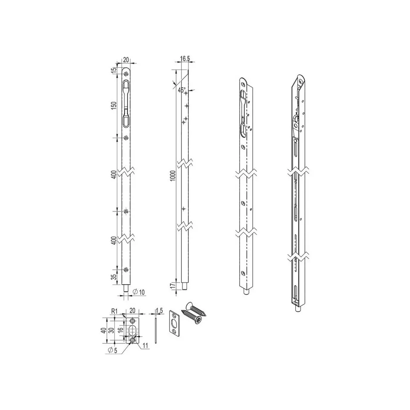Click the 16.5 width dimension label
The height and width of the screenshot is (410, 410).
pos(185,59)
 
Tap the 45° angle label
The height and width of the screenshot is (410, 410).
pos(182,90)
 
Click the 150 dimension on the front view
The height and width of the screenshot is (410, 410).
pos(114,105)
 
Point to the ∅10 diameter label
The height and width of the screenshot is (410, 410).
pos(139,292)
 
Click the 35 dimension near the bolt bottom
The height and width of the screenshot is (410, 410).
pos(114,277)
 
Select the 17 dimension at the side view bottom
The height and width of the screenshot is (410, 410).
pos(173,286)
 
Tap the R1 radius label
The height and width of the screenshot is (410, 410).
pos(114,311)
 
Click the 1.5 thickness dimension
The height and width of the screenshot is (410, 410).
pos(159,311)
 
